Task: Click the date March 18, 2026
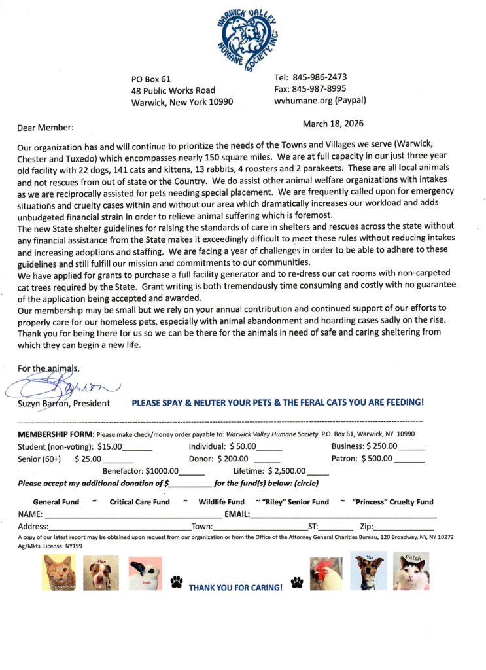click(x=333, y=124)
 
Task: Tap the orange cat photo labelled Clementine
click(x=59, y=573)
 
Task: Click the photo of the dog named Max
click(x=101, y=573)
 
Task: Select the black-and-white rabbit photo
click(x=145, y=573)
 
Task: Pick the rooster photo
click(x=326, y=573)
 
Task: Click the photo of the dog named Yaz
click(x=368, y=571)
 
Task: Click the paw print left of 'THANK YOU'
click(x=176, y=581)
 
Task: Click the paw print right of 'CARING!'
click(x=297, y=581)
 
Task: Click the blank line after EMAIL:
click(x=343, y=515)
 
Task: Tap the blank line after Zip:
click(x=404, y=526)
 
